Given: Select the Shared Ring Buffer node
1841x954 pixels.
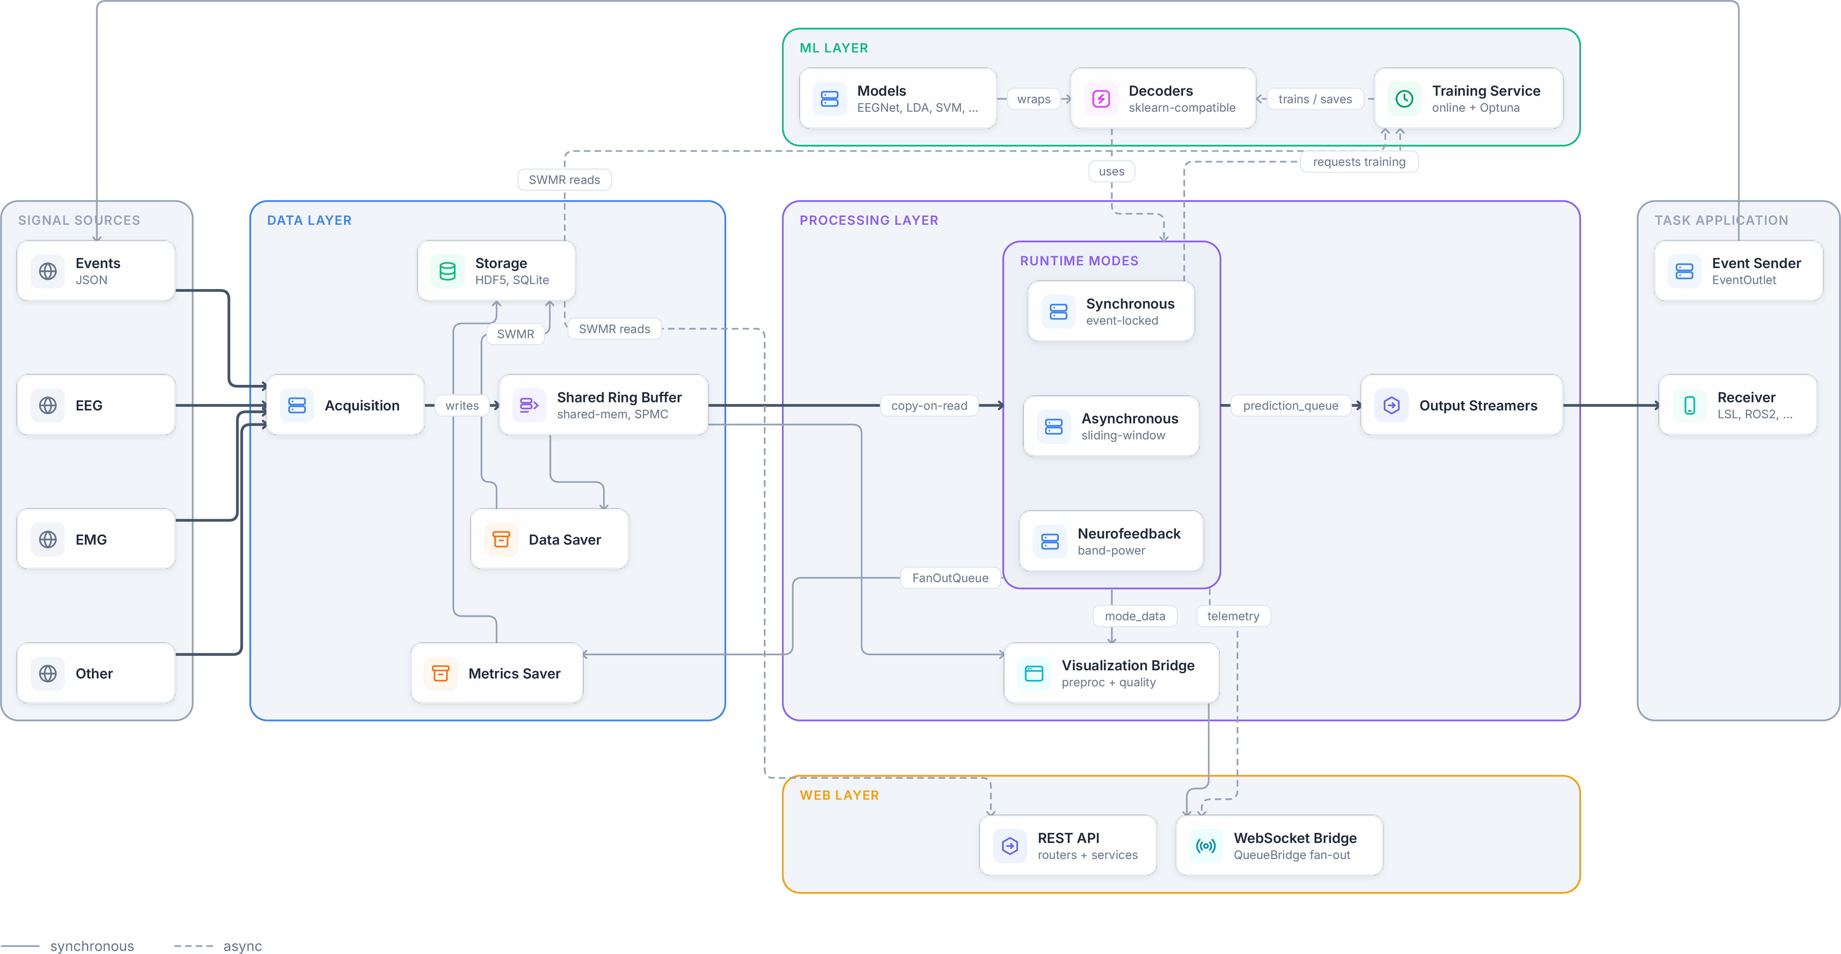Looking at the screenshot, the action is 603,405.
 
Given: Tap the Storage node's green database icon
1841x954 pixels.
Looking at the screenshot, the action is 447,271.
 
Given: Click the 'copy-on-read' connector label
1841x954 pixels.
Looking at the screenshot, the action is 929,405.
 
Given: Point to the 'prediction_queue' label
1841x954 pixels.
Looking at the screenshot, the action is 1291,405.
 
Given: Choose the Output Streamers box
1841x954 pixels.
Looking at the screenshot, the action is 1461,405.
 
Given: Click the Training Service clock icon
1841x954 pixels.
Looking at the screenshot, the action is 1404,99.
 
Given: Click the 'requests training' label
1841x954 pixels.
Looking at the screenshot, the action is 1359,161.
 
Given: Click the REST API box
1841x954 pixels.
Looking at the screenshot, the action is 1068,845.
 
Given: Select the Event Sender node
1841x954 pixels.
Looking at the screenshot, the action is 1738,271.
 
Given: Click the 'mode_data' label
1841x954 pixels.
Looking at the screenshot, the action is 1135,616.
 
